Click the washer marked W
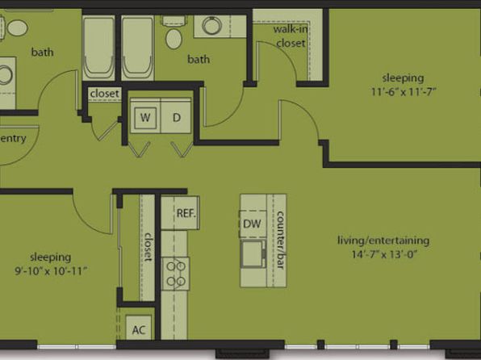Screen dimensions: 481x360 (x=145, y=117)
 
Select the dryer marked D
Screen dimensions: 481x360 (x=176, y=117)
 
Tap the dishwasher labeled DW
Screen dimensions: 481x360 (x=253, y=224)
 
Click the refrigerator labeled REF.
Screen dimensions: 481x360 (x=181, y=212)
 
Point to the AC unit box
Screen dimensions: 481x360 (x=139, y=328)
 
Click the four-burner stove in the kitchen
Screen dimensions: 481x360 (x=175, y=274)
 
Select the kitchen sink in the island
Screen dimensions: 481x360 (x=253, y=253)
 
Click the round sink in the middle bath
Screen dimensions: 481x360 (x=212, y=26)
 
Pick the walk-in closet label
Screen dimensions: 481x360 (x=291, y=36)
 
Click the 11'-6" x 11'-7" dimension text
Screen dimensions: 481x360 (x=404, y=91)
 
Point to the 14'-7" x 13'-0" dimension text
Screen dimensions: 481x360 (x=384, y=254)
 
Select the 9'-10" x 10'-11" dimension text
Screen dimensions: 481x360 (x=51, y=271)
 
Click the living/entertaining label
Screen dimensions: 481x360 (x=383, y=241)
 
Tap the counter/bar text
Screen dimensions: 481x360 (x=280, y=240)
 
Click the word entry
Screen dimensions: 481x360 (x=13, y=138)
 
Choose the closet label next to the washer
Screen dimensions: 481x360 (x=105, y=94)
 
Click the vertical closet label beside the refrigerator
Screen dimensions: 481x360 (x=148, y=247)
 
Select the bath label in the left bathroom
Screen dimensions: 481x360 (x=42, y=52)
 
